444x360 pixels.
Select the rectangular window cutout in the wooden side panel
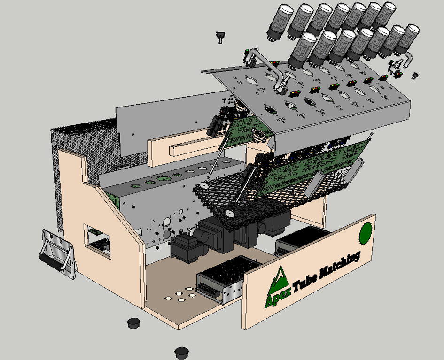pyautogui.click(x=97, y=240)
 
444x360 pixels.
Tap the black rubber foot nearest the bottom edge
pyautogui.click(x=181, y=352)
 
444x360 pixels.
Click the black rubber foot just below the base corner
pyautogui.click(x=134, y=322)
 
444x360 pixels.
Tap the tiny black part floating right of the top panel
pyautogui.click(x=415, y=75)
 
